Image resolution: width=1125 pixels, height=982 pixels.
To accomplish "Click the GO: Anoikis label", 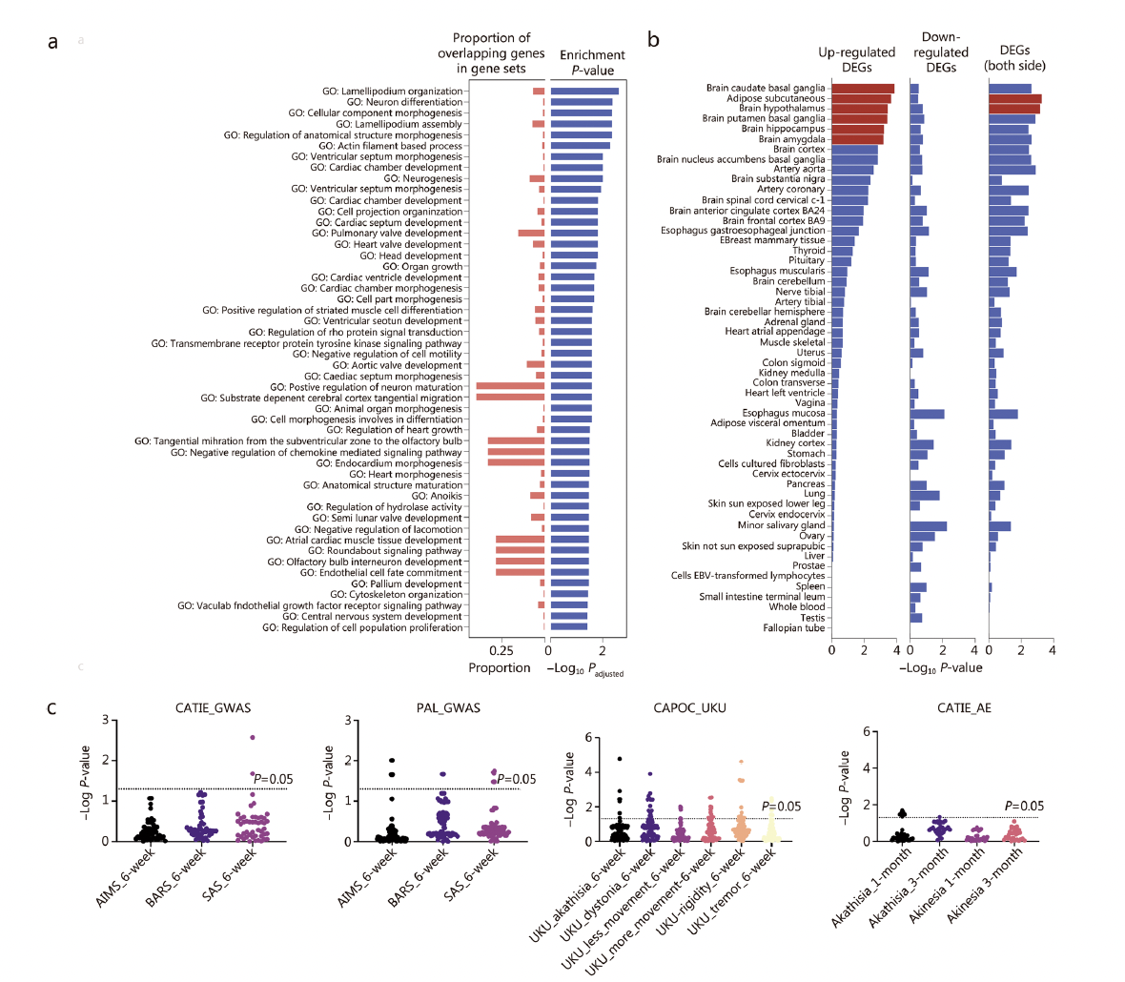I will click(x=438, y=496).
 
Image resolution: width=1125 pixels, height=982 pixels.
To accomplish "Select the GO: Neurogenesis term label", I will click(x=423, y=178).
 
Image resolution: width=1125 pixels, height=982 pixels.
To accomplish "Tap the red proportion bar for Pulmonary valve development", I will click(x=531, y=233).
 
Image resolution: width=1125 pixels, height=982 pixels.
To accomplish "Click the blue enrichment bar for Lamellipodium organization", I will click(x=584, y=92).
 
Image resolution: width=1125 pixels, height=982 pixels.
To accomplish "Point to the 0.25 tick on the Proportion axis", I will click(x=502, y=650).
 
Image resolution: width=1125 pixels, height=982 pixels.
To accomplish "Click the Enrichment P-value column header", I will click(x=592, y=63).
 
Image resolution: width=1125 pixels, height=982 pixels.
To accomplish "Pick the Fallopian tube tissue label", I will click(x=794, y=628).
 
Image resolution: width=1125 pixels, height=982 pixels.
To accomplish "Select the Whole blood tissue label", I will click(x=797, y=607).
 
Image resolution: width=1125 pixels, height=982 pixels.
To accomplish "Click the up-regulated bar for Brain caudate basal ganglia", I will click(x=863, y=89).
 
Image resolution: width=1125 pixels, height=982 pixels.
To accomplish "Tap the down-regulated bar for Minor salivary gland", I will click(x=929, y=526).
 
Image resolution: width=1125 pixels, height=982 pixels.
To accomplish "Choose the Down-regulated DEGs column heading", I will click(x=940, y=52).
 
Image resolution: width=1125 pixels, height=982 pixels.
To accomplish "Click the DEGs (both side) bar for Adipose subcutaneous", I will click(x=1014, y=98).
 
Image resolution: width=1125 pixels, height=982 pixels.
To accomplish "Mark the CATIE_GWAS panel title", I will click(x=214, y=708).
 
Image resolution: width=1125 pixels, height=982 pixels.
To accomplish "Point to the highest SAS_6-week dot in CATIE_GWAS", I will click(x=253, y=738).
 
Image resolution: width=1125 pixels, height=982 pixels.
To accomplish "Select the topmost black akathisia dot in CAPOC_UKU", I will click(x=620, y=760).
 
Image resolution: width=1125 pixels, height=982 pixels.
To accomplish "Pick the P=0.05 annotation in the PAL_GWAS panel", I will click(x=516, y=779).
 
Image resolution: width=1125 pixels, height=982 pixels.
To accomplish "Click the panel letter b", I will click(x=654, y=40).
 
